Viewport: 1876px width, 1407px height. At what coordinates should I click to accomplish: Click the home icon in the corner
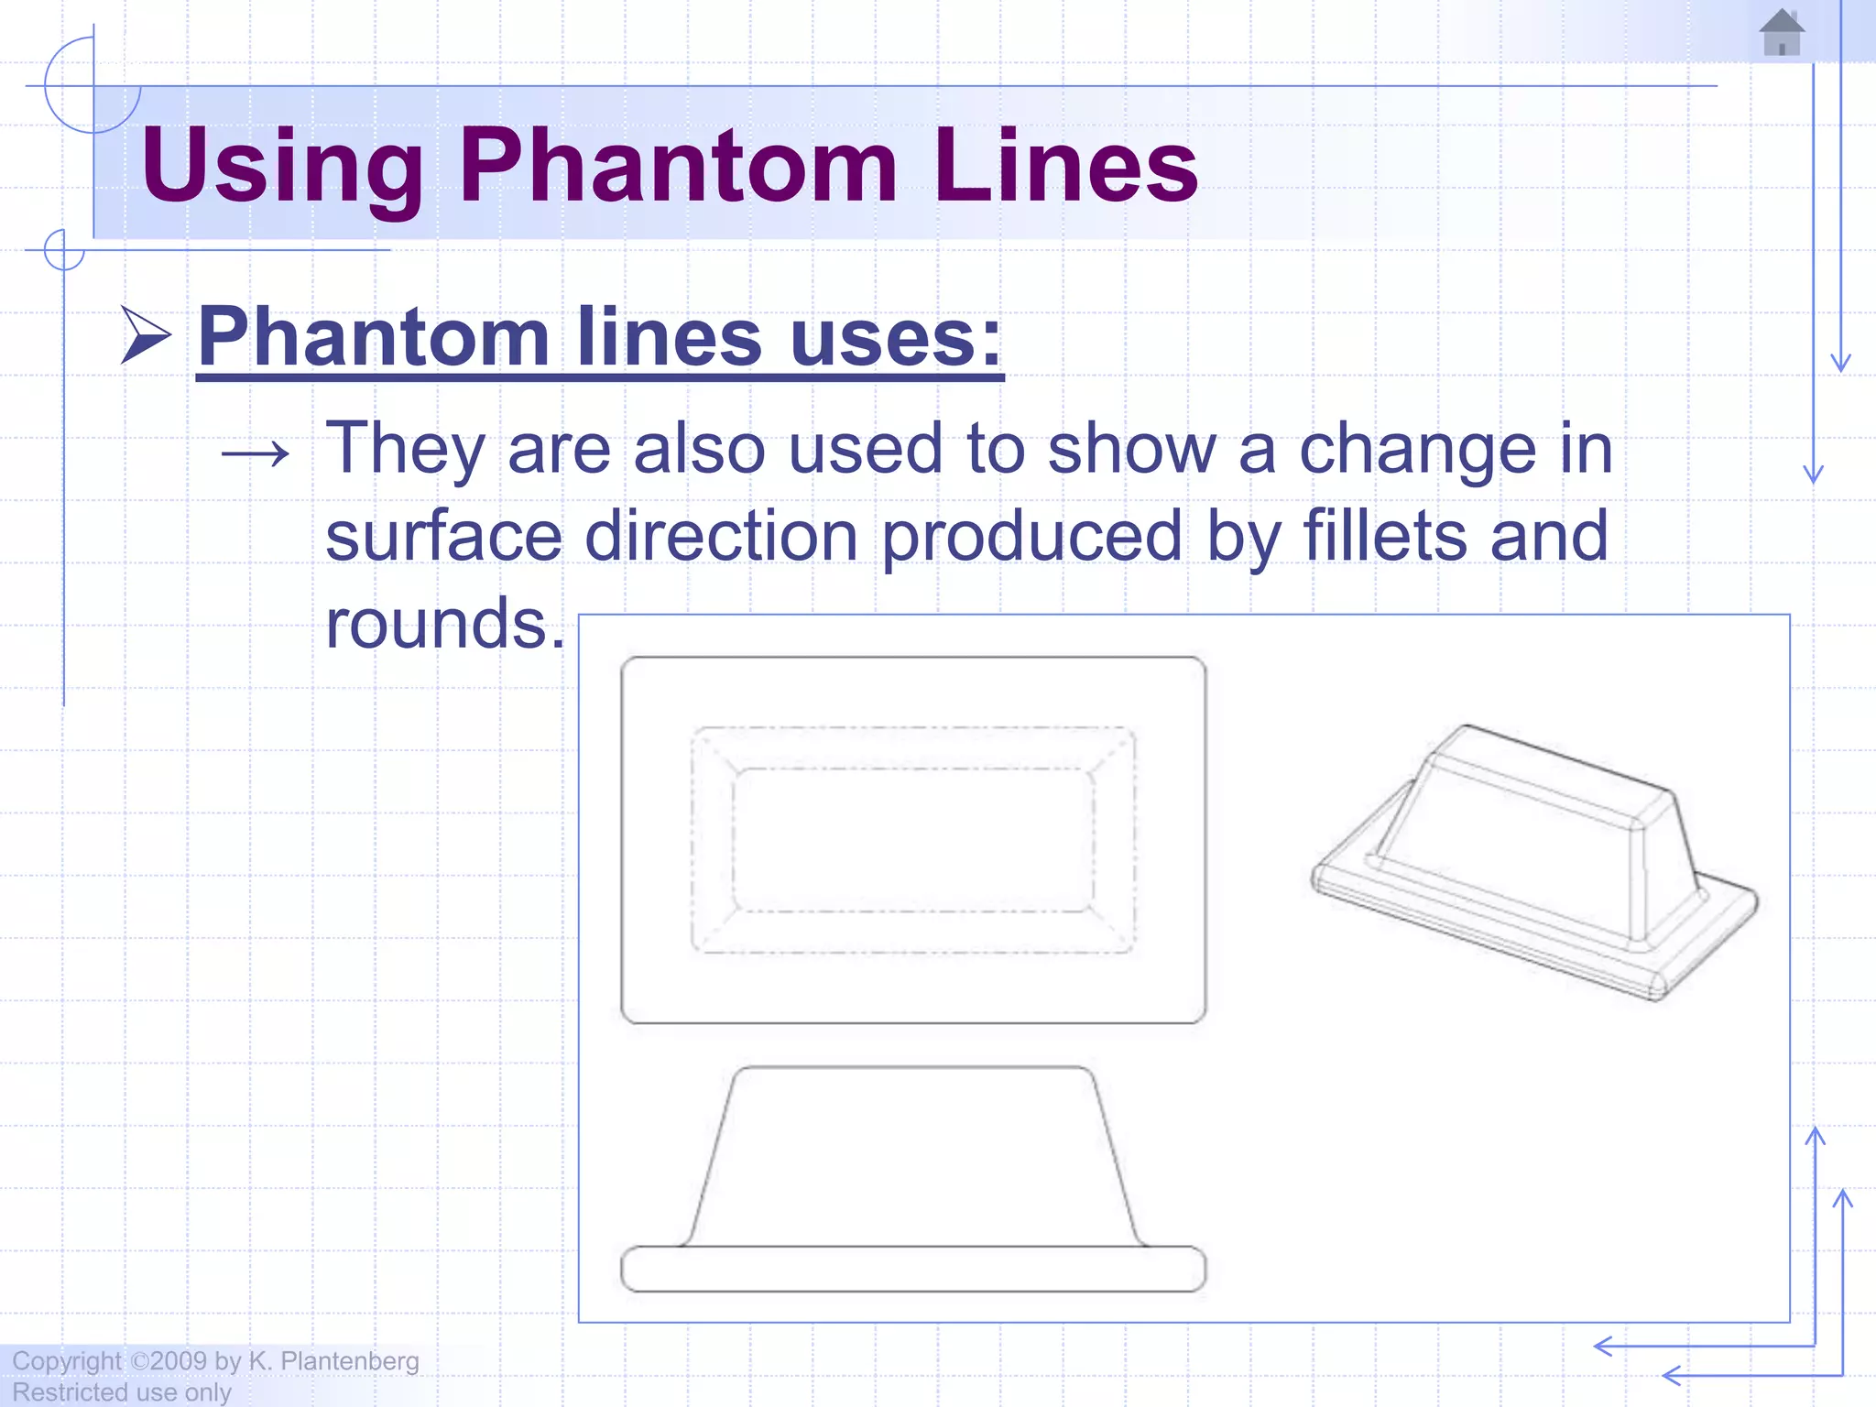click(x=1782, y=33)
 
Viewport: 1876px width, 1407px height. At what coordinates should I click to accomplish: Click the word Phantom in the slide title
click(x=678, y=166)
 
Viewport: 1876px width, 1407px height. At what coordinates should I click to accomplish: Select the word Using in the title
click(x=282, y=166)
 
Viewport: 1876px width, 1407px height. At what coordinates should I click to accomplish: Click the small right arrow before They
click(x=256, y=453)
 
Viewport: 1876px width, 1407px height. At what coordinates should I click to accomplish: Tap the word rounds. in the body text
click(x=445, y=623)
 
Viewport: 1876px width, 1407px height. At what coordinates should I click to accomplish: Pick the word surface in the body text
click(x=443, y=537)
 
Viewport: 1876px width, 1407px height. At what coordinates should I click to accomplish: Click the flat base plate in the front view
click(x=913, y=1270)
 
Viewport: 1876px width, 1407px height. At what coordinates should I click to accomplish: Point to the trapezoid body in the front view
click(x=913, y=1159)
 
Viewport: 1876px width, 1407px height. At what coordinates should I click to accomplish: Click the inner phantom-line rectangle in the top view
click(x=913, y=839)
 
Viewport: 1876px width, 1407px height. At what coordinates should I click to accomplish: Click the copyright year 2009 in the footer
click(x=179, y=1361)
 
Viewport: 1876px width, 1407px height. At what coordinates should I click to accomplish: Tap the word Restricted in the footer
click(x=69, y=1392)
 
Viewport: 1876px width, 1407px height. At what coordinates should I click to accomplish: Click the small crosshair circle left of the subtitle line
click(x=64, y=249)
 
